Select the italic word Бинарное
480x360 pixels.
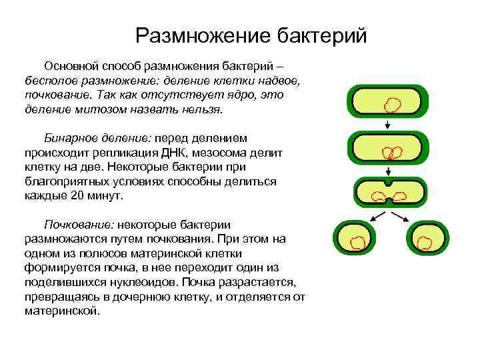coord(70,138)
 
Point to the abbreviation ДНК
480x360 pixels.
coord(201,153)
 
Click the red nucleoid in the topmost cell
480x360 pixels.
coord(392,105)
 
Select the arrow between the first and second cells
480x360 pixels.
coord(387,125)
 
